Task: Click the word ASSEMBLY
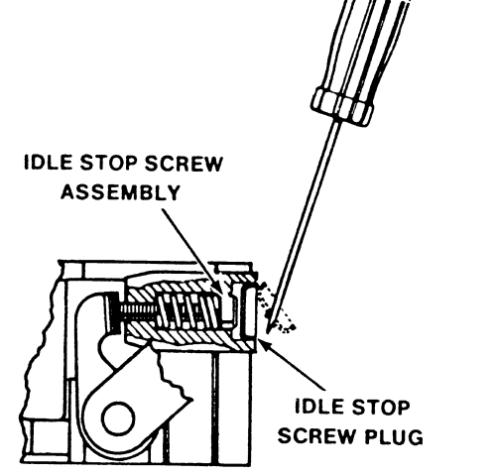point(121,192)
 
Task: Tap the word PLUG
point(394,436)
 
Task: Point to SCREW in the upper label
point(184,164)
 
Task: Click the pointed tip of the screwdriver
point(268,331)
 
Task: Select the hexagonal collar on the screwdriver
point(342,106)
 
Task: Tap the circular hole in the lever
point(118,418)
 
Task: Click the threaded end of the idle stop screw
point(139,312)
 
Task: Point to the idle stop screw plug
point(250,310)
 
